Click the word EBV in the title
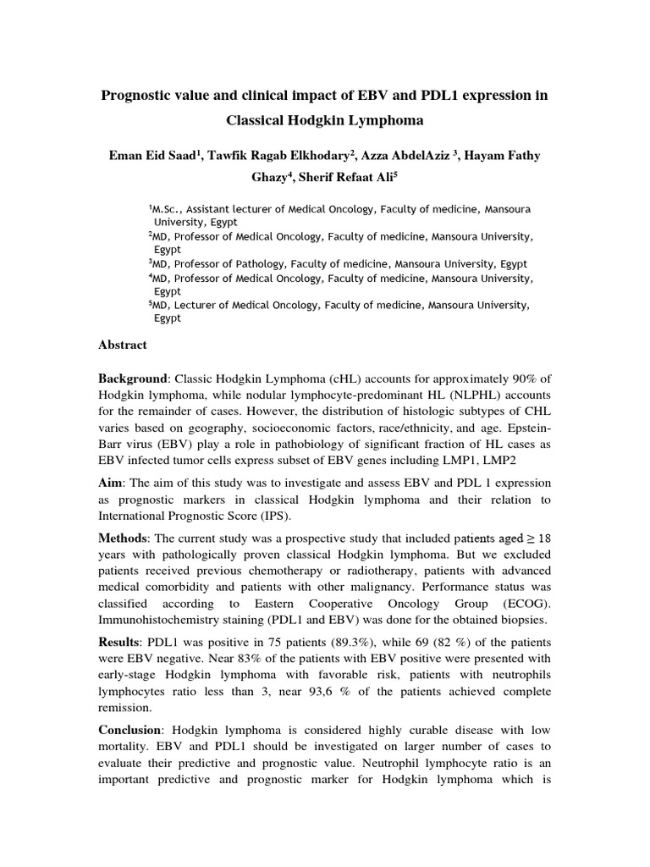pos(354,96)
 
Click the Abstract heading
pos(123,345)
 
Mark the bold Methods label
pos(124,538)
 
